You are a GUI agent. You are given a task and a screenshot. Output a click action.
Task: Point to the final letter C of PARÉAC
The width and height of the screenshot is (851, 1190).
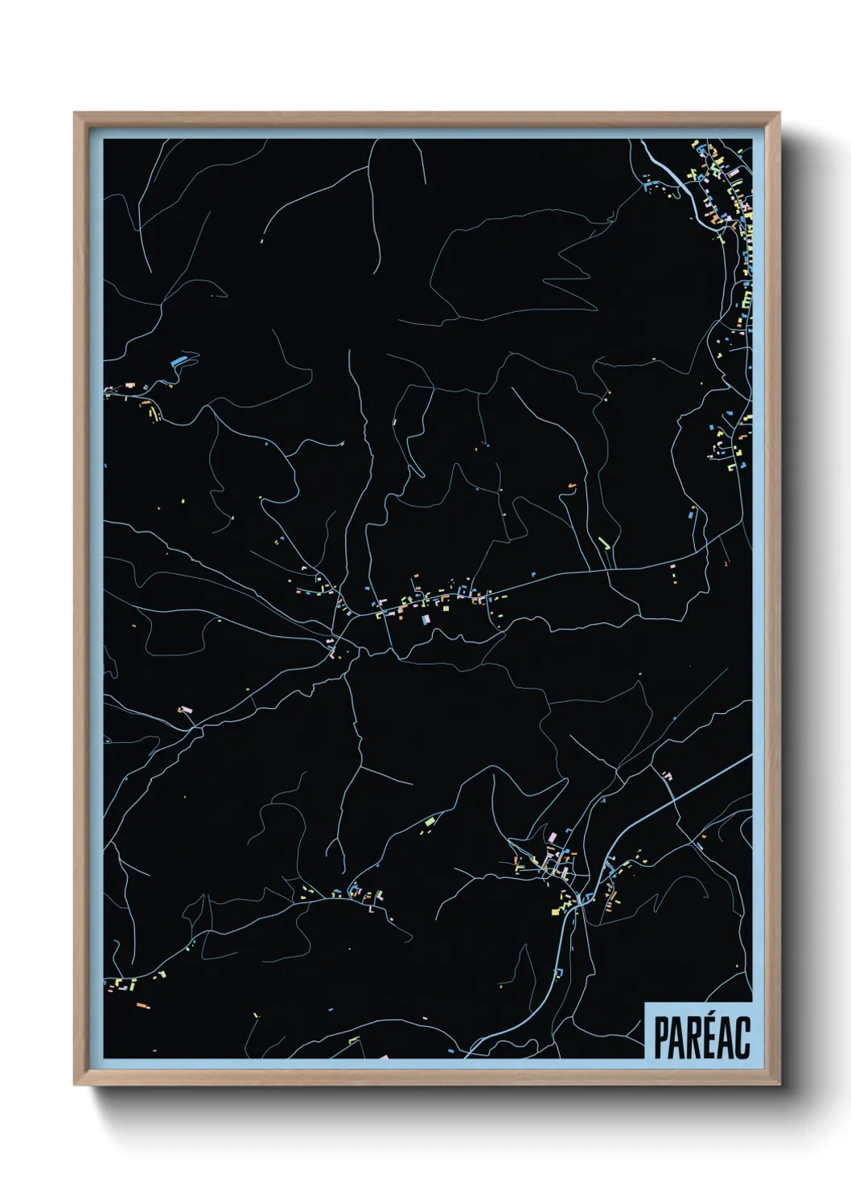coord(743,1038)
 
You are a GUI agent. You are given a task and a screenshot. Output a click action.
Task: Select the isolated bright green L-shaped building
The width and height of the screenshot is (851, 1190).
coord(603,544)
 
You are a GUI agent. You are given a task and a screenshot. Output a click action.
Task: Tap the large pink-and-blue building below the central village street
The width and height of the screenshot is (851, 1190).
coord(426,619)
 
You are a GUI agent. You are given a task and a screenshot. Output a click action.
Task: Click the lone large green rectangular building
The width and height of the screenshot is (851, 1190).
coord(430,820)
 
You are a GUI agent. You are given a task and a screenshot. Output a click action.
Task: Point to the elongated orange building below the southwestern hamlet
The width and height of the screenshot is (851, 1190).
coord(142,1005)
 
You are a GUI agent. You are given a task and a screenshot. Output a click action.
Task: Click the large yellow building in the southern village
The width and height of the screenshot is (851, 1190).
coord(557,910)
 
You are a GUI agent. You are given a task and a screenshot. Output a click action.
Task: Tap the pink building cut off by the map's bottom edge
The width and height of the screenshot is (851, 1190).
coord(383,1057)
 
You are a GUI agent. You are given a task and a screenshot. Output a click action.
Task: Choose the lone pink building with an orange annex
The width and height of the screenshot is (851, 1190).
coord(185,710)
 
